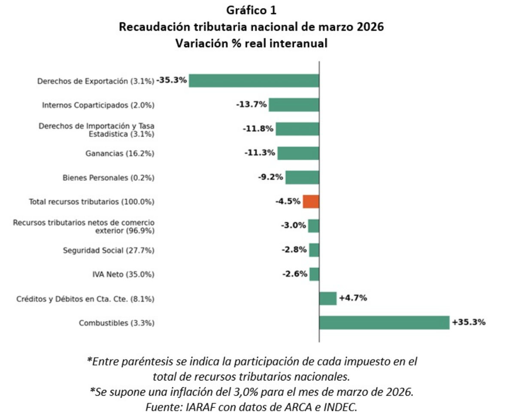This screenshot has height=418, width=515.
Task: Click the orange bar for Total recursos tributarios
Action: point(311,201)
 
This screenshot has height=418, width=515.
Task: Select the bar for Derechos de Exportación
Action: point(254,81)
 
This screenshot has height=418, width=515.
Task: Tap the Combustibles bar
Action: point(384,323)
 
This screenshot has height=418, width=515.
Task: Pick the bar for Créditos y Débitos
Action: point(328,298)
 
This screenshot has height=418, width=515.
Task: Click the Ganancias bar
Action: point(298,153)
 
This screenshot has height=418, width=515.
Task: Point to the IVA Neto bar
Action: point(314,274)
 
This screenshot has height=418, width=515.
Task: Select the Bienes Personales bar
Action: point(302,177)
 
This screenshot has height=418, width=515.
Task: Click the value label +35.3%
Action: point(468,322)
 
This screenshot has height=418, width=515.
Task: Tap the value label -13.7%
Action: point(251,104)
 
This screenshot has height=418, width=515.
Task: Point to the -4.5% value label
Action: point(288,201)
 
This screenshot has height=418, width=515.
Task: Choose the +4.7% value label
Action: point(353,298)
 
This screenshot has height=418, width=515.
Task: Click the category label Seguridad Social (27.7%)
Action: point(109,250)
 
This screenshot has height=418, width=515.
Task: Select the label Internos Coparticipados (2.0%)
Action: point(98,105)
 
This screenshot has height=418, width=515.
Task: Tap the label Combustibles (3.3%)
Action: point(116,323)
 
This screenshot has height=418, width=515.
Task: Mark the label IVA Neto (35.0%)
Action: point(123,275)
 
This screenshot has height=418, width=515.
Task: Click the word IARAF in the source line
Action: point(199,407)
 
